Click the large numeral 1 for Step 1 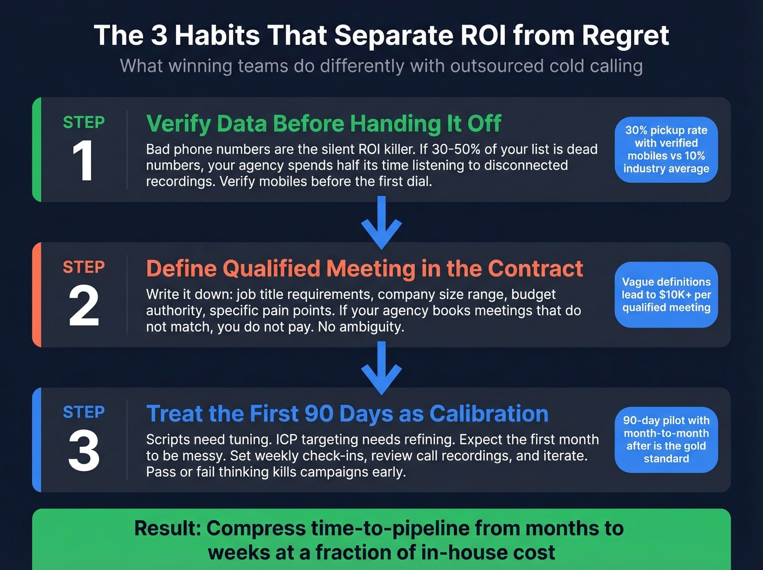pyautogui.click(x=83, y=161)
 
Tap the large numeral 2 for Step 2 pyautogui.click(x=84, y=306)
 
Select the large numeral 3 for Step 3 pyautogui.click(x=84, y=451)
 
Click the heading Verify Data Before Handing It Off pyautogui.click(x=323, y=124)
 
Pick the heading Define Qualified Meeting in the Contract pyautogui.click(x=365, y=269)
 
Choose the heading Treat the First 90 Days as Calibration pyautogui.click(x=347, y=414)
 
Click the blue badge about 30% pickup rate pyautogui.click(x=666, y=149)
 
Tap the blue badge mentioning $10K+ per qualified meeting pyautogui.click(x=666, y=295)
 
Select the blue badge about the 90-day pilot pyautogui.click(x=666, y=440)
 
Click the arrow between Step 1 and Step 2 pyautogui.click(x=381, y=223)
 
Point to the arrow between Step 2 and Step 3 pyautogui.click(x=381, y=368)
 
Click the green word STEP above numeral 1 pyautogui.click(x=84, y=122)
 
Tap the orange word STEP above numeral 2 pyautogui.click(x=84, y=267)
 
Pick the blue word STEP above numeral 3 pyautogui.click(x=84, y=412)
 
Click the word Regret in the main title pyautogui.click(x=625, y=36)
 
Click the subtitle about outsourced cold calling pyautogui.click(x=381, y=66)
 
